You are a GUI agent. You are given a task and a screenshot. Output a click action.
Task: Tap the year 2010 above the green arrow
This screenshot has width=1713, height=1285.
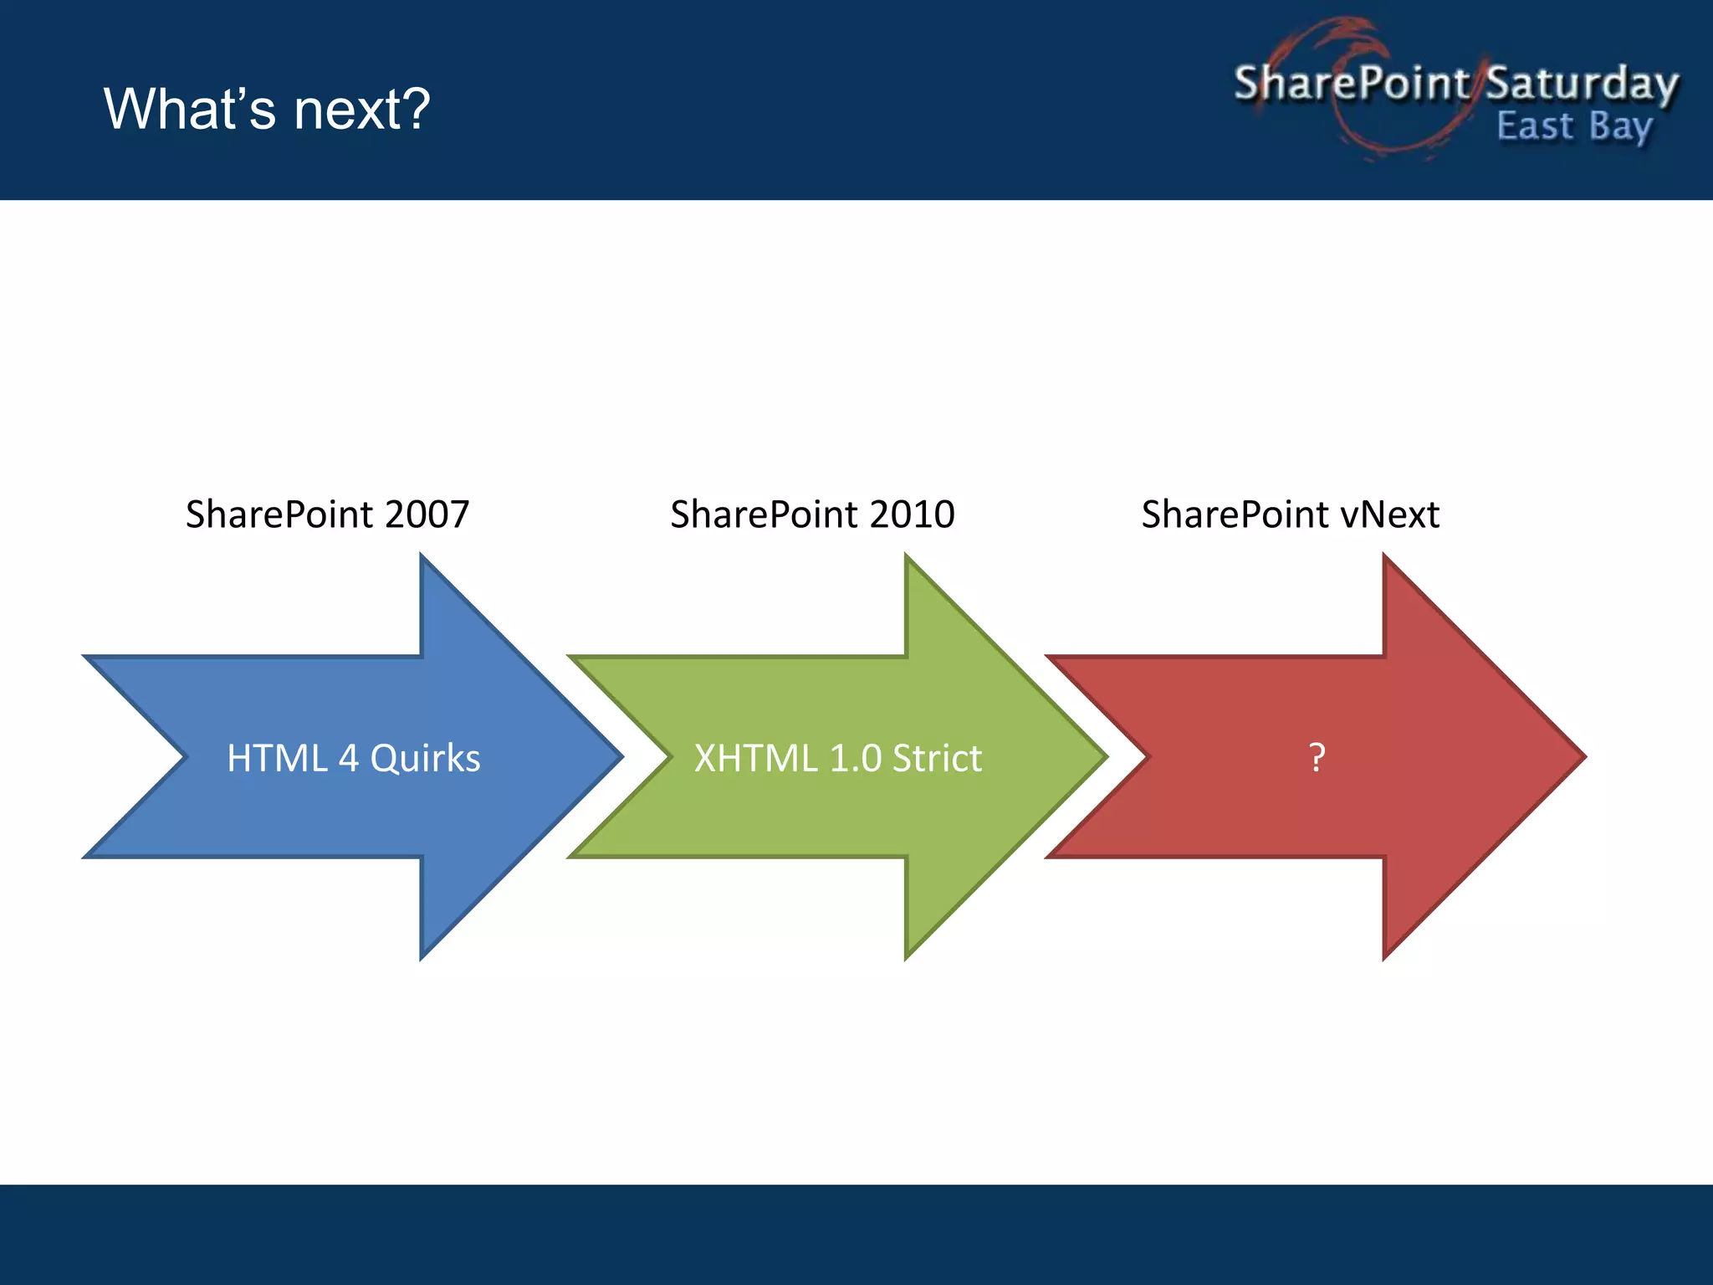[912, 514]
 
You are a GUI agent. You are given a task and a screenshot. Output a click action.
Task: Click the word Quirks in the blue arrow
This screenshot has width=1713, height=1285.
[425, 758]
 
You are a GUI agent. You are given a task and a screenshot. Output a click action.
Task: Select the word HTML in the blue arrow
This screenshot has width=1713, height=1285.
[277, 758]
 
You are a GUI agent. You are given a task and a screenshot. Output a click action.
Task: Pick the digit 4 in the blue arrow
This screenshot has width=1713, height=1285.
[349, 758]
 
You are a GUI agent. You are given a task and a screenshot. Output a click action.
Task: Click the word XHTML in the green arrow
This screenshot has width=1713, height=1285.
[755, 758]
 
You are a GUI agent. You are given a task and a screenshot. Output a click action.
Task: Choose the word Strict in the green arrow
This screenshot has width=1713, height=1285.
[937, 758]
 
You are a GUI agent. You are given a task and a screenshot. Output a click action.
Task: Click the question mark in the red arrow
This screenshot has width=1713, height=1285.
[1317, 757]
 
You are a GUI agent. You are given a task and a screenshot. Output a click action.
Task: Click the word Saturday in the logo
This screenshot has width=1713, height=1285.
[1582, 84]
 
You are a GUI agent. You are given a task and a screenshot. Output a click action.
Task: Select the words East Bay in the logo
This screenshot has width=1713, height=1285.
[1573, 127]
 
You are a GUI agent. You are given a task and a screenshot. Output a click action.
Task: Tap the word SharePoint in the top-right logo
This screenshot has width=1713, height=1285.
[1351, 83]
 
